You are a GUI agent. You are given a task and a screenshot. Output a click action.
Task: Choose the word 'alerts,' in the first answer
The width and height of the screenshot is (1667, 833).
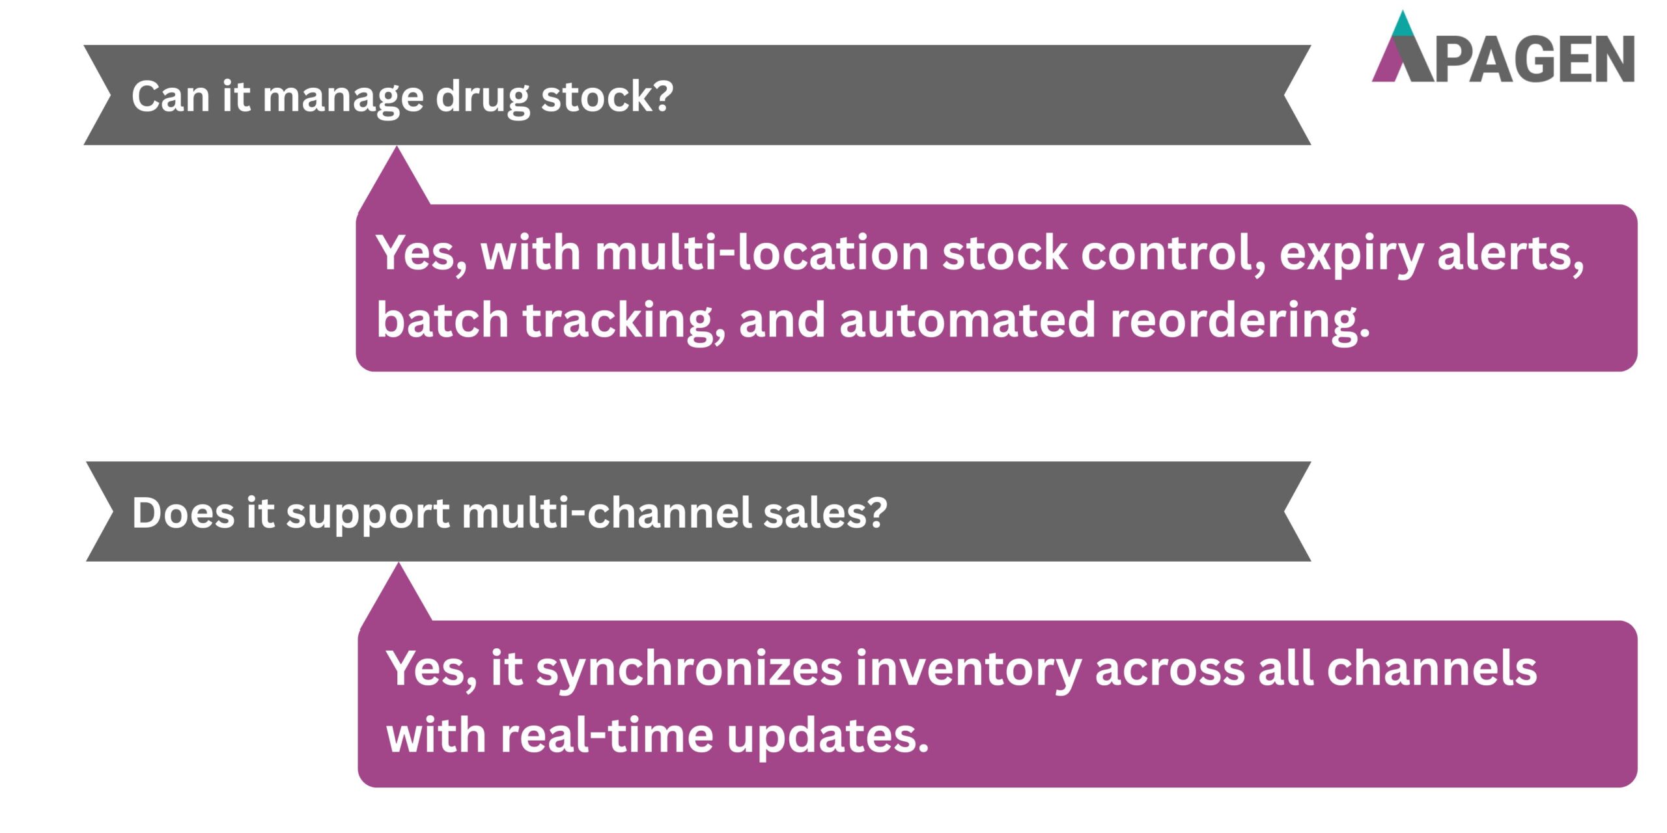(1510, 254)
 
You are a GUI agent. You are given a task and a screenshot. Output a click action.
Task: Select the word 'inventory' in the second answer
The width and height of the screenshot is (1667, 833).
(968, 670)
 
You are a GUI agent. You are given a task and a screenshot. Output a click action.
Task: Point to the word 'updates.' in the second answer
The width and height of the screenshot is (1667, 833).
(828, 738)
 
